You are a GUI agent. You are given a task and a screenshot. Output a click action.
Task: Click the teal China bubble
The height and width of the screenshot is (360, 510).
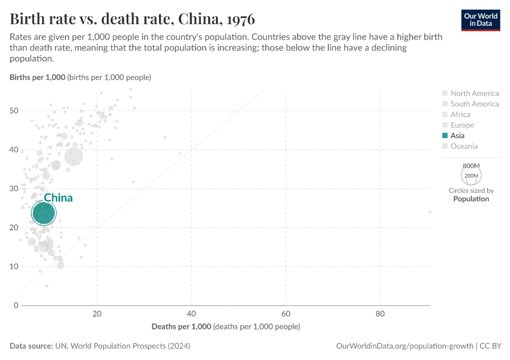[44, 212]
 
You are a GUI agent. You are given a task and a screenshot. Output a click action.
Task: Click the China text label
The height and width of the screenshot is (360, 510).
[58, 198]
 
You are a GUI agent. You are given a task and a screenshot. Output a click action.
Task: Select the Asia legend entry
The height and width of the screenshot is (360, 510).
[461, 136]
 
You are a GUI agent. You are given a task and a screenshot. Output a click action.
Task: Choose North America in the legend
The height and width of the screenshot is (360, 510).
[474, 93]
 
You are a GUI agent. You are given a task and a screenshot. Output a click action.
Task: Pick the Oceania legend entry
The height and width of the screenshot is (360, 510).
[464, 146]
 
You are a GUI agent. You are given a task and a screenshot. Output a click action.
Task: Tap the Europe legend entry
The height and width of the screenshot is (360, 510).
[462, 125]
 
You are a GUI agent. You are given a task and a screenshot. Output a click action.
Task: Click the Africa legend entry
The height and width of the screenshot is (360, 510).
[460, 115]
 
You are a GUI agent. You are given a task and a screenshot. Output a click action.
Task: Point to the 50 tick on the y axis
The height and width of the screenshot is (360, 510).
[14, 110]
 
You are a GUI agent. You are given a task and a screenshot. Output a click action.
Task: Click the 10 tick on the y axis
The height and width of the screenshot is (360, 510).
[14, 266]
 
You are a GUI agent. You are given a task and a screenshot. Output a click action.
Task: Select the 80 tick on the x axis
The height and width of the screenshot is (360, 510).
[380, 314]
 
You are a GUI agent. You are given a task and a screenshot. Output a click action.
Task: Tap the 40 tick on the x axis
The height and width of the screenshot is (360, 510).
[191, 314]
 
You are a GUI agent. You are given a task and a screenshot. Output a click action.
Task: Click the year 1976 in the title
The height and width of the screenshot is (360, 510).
[238, 18]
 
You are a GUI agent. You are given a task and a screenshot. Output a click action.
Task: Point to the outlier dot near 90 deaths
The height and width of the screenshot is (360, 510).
[430, 212]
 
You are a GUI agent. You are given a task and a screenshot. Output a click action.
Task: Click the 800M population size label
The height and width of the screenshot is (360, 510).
[471, 166]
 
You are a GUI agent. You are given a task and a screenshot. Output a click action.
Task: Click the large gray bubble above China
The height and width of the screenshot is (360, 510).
[74, 157]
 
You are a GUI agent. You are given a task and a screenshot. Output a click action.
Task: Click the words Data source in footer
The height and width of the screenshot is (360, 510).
[31, 346]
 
